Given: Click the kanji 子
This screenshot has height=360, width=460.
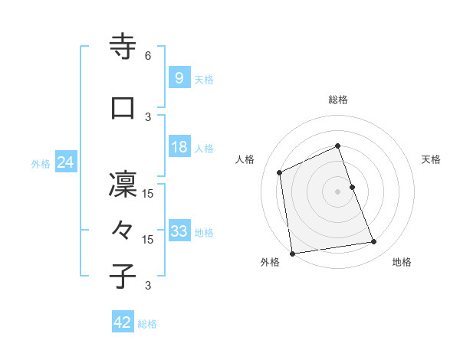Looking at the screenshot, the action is coord(123,277).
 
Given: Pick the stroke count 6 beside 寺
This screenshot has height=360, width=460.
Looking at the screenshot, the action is coord(148,56).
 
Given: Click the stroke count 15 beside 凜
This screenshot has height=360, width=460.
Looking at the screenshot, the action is coord(149,194).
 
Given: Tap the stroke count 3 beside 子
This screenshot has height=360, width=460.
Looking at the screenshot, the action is coord(148,286).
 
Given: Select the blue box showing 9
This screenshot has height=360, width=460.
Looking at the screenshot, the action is coord(179,78).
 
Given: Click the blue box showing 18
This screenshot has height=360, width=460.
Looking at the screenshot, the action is coord(179,147).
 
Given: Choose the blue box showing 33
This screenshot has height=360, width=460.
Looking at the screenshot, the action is coord(179,231).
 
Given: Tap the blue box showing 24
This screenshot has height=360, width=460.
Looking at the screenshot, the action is coord(65,162).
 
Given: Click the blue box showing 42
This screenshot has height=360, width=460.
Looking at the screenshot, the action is coord(122,323).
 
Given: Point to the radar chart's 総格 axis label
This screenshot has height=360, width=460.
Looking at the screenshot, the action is coord(338,100).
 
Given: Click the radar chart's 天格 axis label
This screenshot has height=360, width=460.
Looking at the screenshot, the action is coord(431,159).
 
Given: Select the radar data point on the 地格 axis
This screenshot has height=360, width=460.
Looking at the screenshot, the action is coord(374,242).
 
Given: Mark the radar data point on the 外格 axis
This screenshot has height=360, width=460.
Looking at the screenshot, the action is coord(292,253).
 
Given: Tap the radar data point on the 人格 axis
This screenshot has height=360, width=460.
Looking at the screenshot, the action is coord(280,172).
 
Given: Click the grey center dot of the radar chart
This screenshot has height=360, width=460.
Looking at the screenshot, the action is coord(338,191).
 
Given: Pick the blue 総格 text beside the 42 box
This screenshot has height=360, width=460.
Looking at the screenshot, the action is coord(147,324).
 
